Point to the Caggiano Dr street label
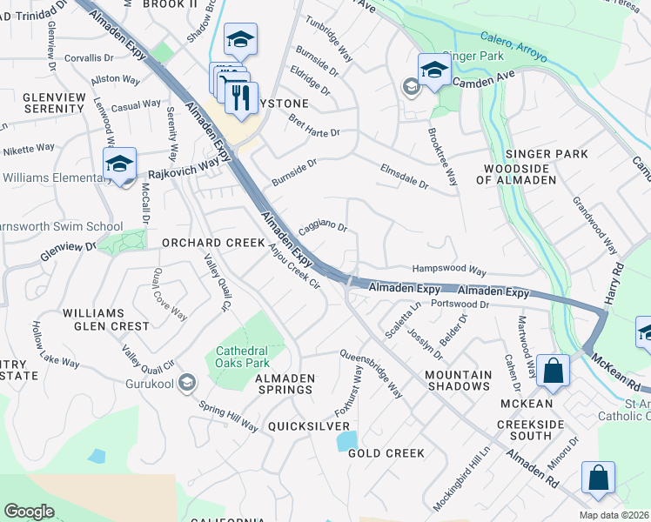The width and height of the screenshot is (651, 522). point(323,228)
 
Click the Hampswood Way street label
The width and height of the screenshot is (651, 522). point(449,271)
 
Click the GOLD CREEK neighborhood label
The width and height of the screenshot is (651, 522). point(386,453)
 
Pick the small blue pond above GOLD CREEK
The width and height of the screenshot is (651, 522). point(346,440)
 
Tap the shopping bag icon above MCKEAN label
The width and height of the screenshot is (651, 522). point(553,370)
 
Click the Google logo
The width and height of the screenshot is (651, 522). point(29,511)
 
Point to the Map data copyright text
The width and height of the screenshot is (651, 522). point(614,515)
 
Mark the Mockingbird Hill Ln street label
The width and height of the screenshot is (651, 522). point(462,478)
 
